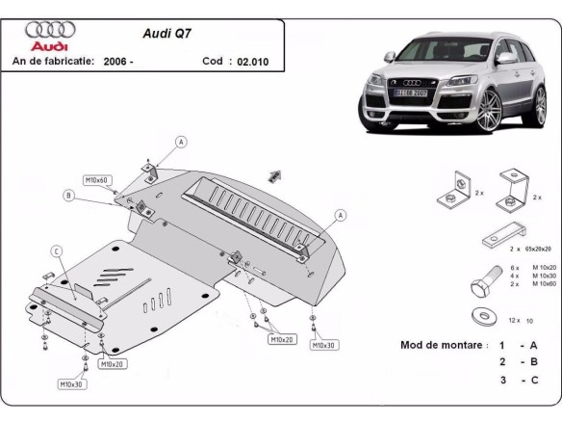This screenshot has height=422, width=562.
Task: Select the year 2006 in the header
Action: pos(117,61)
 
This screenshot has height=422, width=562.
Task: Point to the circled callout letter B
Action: pos(68,196)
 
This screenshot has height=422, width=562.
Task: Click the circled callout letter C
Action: pos(56,251)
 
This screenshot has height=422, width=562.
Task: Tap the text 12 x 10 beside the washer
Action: pos(521,319)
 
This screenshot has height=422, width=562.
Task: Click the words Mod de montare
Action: pos(442,344)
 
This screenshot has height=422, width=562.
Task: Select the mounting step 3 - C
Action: pos(518,380)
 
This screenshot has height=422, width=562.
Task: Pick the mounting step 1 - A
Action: pos(518,344)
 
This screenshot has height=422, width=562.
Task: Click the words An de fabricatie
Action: pos(53,61)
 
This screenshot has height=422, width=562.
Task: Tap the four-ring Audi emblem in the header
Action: pos(44,30)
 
